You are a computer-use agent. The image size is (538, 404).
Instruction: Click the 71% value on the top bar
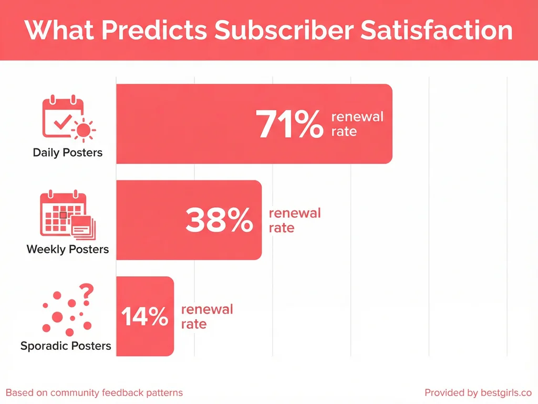click(289, 125)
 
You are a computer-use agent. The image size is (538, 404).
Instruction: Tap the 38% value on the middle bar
click(219, 220)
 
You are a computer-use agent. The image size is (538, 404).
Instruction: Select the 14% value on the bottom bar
click(144, 317)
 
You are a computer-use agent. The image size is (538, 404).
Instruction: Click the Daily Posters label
click(68, 153)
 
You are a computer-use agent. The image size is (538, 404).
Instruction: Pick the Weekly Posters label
click(68, 249)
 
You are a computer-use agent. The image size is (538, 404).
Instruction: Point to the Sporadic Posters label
click(66, 346)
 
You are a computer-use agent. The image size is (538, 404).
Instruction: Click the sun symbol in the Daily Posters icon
click(84, 129)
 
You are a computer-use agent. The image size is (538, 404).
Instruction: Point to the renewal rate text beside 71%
click(357, 124)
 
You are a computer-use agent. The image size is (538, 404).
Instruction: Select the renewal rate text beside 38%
click(294, 220)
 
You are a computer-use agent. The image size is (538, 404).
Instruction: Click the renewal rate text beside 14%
click(206, 317)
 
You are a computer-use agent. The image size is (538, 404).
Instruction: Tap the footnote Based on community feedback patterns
click(95, 392)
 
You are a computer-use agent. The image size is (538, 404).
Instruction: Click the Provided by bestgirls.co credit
click(478, 392)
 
